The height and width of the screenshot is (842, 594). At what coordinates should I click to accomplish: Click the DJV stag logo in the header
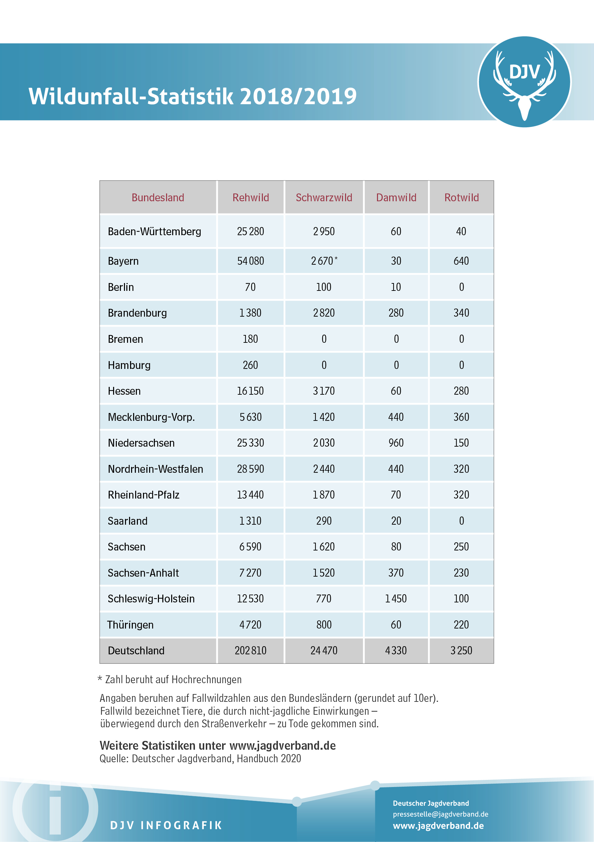pos(524,82)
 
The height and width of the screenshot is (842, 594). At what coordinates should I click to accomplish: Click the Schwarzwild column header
pos(324,198)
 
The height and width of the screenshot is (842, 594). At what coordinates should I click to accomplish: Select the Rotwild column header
pos(461,198)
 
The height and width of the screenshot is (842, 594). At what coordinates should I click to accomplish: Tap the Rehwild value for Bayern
pos(251,261)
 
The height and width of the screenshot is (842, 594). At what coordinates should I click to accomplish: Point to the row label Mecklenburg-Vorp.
pos(151,417)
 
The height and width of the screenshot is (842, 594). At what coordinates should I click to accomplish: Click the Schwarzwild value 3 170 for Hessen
pos(324,391)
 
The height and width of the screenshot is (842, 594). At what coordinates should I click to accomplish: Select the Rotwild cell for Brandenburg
pos(461,313)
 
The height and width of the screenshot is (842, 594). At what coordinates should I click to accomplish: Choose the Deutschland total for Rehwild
pos(251,651)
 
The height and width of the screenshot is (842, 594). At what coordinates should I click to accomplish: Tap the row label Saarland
pos(128,521)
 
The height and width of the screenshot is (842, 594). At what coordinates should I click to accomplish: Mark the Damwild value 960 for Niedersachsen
pos(396,443)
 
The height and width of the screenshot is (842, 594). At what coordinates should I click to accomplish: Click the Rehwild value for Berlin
pos(251,287)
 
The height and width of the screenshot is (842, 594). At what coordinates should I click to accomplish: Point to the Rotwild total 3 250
pos(461,651)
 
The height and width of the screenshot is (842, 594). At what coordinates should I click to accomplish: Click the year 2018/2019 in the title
pos(298,96)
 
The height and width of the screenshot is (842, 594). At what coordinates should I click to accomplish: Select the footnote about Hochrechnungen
pos(170,679)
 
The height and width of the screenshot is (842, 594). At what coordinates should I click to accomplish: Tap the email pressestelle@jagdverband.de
pos(440,814)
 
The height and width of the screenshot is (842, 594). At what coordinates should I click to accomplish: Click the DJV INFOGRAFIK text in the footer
pos(166,825)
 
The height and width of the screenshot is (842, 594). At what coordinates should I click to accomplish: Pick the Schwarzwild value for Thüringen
pos(324,625)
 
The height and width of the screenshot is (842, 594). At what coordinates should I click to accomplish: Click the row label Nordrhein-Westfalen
pos(155,469)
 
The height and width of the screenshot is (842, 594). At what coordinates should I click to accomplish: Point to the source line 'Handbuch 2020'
pos(269,759)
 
